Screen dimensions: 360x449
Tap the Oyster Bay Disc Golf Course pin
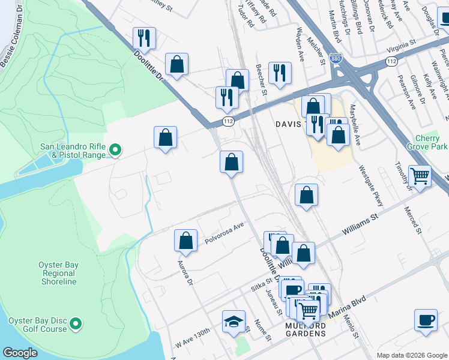tap(76, 325)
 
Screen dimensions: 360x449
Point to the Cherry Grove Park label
tap(427, 142)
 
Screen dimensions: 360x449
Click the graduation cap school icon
tap(234, 322)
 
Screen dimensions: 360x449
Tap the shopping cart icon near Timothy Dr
tap(420, 176)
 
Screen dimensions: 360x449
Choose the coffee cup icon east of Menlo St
tap(426, 320)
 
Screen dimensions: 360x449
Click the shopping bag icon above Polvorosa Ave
tap(186, 240)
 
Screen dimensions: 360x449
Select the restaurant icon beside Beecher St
tap(280, 73)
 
